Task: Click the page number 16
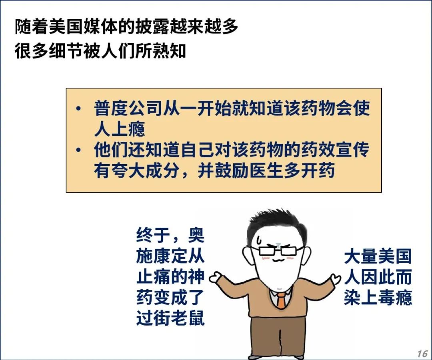[x=422, y=353]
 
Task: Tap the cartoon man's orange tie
[x=281, y=300]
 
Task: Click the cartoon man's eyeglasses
[x=278, y=251]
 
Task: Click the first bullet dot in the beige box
[x=79, y=108]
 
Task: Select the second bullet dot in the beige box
[x=79, y=150]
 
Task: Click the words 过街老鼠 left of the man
[x=170, y=318]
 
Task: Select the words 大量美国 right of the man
[x=378, y=256]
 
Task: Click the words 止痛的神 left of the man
[x=170, y=277]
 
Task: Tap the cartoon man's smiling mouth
[x=277, y=260]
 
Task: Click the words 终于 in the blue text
[x=153, y=235]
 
